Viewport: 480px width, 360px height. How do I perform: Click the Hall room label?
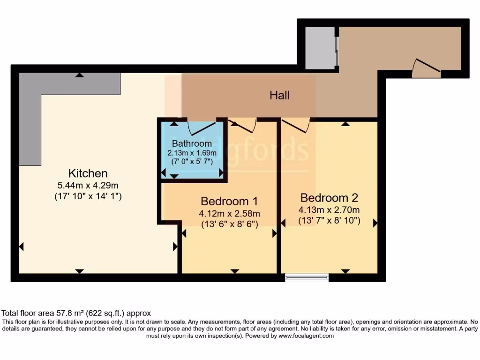pyautogui.click(x=279, y=96)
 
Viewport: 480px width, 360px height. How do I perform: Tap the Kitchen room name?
pyautogui.click(x=88, y=173)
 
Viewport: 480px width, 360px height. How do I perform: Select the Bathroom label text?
pyautogui.click(x=192, y=143)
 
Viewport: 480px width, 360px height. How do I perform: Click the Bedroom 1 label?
pyautogui.click(x=229, y=201)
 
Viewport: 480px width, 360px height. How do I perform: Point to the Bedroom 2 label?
pyautogui.click(x=329, y=197)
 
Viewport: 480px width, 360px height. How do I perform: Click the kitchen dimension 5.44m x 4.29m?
pyautogui.click(x=88, y=186)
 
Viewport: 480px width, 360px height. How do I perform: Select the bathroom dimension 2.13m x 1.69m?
pyautogui.click(x=192, y=153)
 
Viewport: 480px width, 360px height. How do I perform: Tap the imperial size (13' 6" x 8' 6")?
pyautogui.click(x=230, y=224)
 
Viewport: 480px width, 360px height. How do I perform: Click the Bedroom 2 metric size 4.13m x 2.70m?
pyautogui.click(x=329, y=210)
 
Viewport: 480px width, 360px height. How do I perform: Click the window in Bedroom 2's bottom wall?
pyautogui.click(x=307, y=277)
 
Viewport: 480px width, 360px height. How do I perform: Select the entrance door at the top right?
pyautogui.click(x=426, y=68)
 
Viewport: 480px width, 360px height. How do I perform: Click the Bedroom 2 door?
pyautogui.click(x=296, y=124)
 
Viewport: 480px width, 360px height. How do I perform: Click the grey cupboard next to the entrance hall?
pyautogui.click(x=320, y=48)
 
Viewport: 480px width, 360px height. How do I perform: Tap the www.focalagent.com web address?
pyautogui.click(x=306, y=336)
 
